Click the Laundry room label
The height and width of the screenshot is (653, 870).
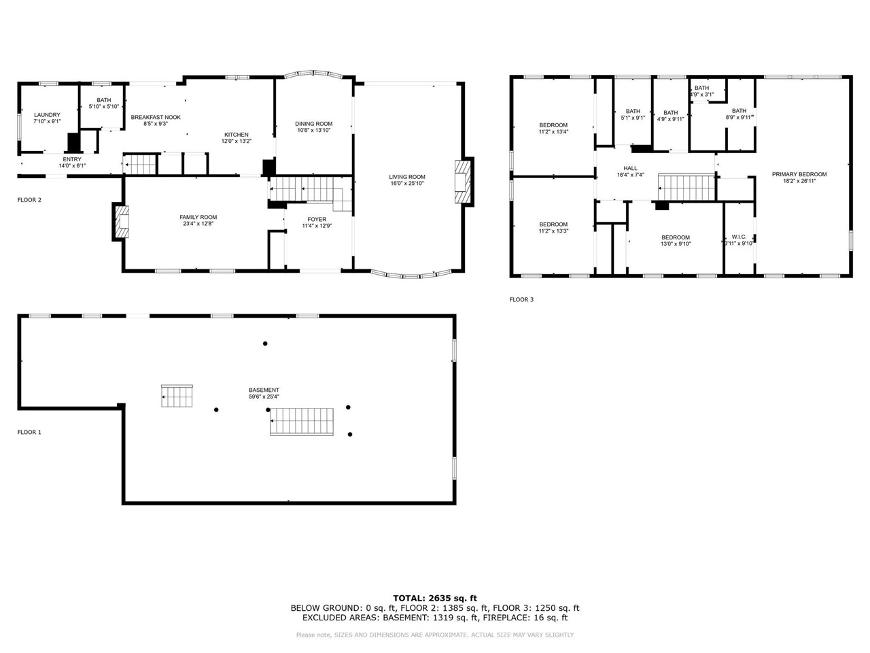[47, 115]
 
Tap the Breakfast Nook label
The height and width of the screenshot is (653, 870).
[156, 117]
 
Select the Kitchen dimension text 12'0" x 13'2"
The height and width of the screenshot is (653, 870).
[237, 141]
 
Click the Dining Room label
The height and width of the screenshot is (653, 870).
[313, 124]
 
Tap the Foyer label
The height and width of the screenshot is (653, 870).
[317, 219]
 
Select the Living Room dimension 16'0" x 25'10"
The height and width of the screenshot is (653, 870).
[407, 184]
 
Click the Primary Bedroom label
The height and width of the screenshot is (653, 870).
[799, 174]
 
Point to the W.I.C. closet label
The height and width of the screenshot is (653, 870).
[739, 237]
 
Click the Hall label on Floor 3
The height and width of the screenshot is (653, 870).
[630, 168]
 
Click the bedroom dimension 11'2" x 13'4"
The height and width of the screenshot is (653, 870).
[553, 132]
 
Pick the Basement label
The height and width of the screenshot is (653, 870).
[264, 390]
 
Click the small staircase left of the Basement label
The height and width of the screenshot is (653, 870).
[177, 396]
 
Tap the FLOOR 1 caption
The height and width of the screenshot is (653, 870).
[29, 432]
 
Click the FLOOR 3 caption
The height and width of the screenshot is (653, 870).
[521, 299]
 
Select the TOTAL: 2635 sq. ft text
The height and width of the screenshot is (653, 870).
[434, 598]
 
